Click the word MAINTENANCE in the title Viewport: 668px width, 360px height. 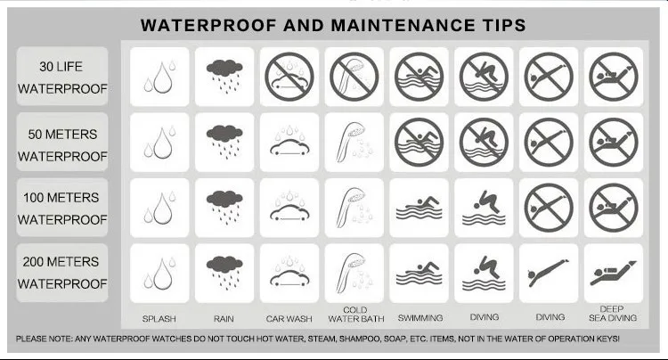[403, 25]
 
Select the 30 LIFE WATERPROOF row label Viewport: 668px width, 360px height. [62, 78]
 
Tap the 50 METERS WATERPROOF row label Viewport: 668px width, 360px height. [62, 145]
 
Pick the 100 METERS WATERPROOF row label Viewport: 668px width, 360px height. [62, 209]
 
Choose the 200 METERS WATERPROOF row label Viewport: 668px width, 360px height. [62, 273]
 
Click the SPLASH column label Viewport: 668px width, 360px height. [159, 319]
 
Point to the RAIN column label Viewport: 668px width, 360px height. [224, 319]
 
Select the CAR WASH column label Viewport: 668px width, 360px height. [289, 319]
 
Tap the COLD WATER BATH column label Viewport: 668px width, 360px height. [355, 315]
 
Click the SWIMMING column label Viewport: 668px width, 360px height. [420, 318]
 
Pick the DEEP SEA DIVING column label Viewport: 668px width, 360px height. [613, 314]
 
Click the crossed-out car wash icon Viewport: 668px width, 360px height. [289, 77]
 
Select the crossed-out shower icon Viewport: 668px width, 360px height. [354, 77]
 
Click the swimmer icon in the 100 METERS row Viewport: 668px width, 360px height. [420, 208]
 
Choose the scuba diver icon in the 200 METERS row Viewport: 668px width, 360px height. [613, 273]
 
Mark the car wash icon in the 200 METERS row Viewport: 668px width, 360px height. [289, 272]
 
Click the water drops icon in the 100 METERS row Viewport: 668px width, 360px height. [159, 208]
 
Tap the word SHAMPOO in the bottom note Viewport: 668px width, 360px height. [360, 340]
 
